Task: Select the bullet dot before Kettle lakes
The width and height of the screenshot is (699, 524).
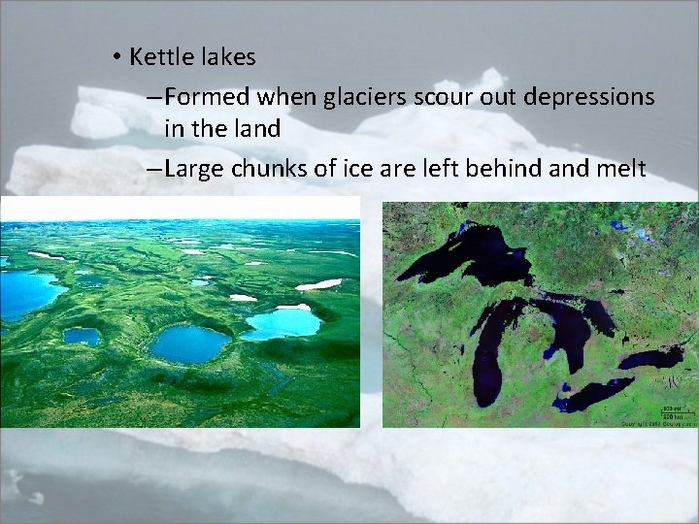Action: click(x=116, y=58)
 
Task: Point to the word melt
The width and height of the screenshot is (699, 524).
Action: click(x=619, y=169)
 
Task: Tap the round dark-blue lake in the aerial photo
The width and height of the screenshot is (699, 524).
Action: click(x=189, y=343)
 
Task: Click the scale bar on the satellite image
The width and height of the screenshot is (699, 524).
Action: click(x=671, y=412)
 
